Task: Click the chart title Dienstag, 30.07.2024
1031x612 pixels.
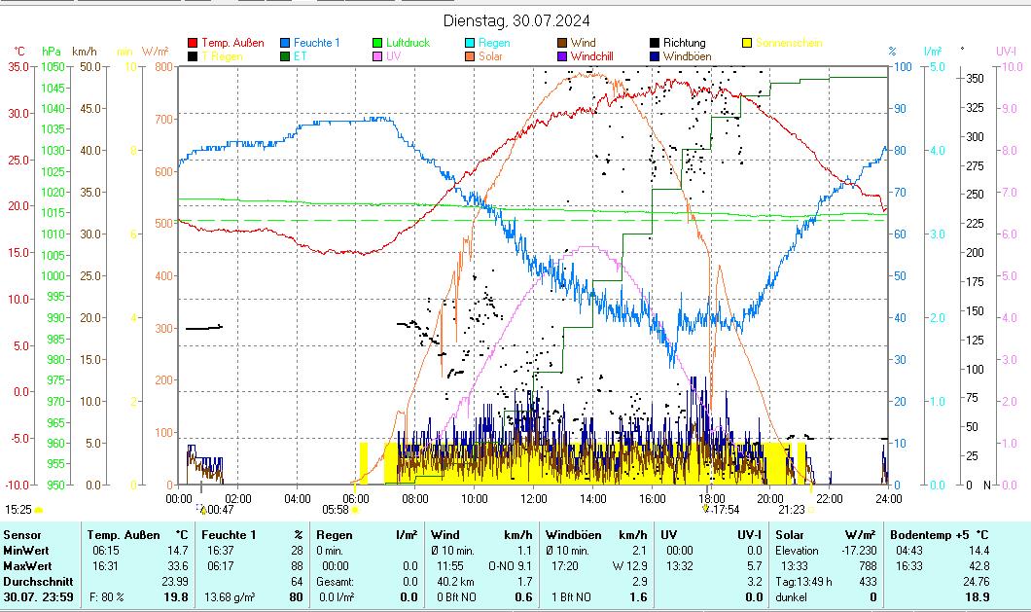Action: (x=515, y=20)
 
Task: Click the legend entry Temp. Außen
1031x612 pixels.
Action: (x=232, y=43)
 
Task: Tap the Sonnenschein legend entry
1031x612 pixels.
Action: (x=788, y=43)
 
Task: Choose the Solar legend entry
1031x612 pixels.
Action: (x=490, y=56)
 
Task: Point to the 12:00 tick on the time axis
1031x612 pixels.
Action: (x=533, y=498)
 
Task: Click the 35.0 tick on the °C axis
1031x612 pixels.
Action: (x=18, y=66)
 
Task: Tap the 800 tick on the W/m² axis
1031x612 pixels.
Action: (x=161, y=66)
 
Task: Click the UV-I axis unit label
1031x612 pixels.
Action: (x=1006, y=51)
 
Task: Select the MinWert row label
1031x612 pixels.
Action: (x=21, y=550)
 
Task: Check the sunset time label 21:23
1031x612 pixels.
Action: (x=792, y=509)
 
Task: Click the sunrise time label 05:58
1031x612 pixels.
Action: (x=335, y=509)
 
